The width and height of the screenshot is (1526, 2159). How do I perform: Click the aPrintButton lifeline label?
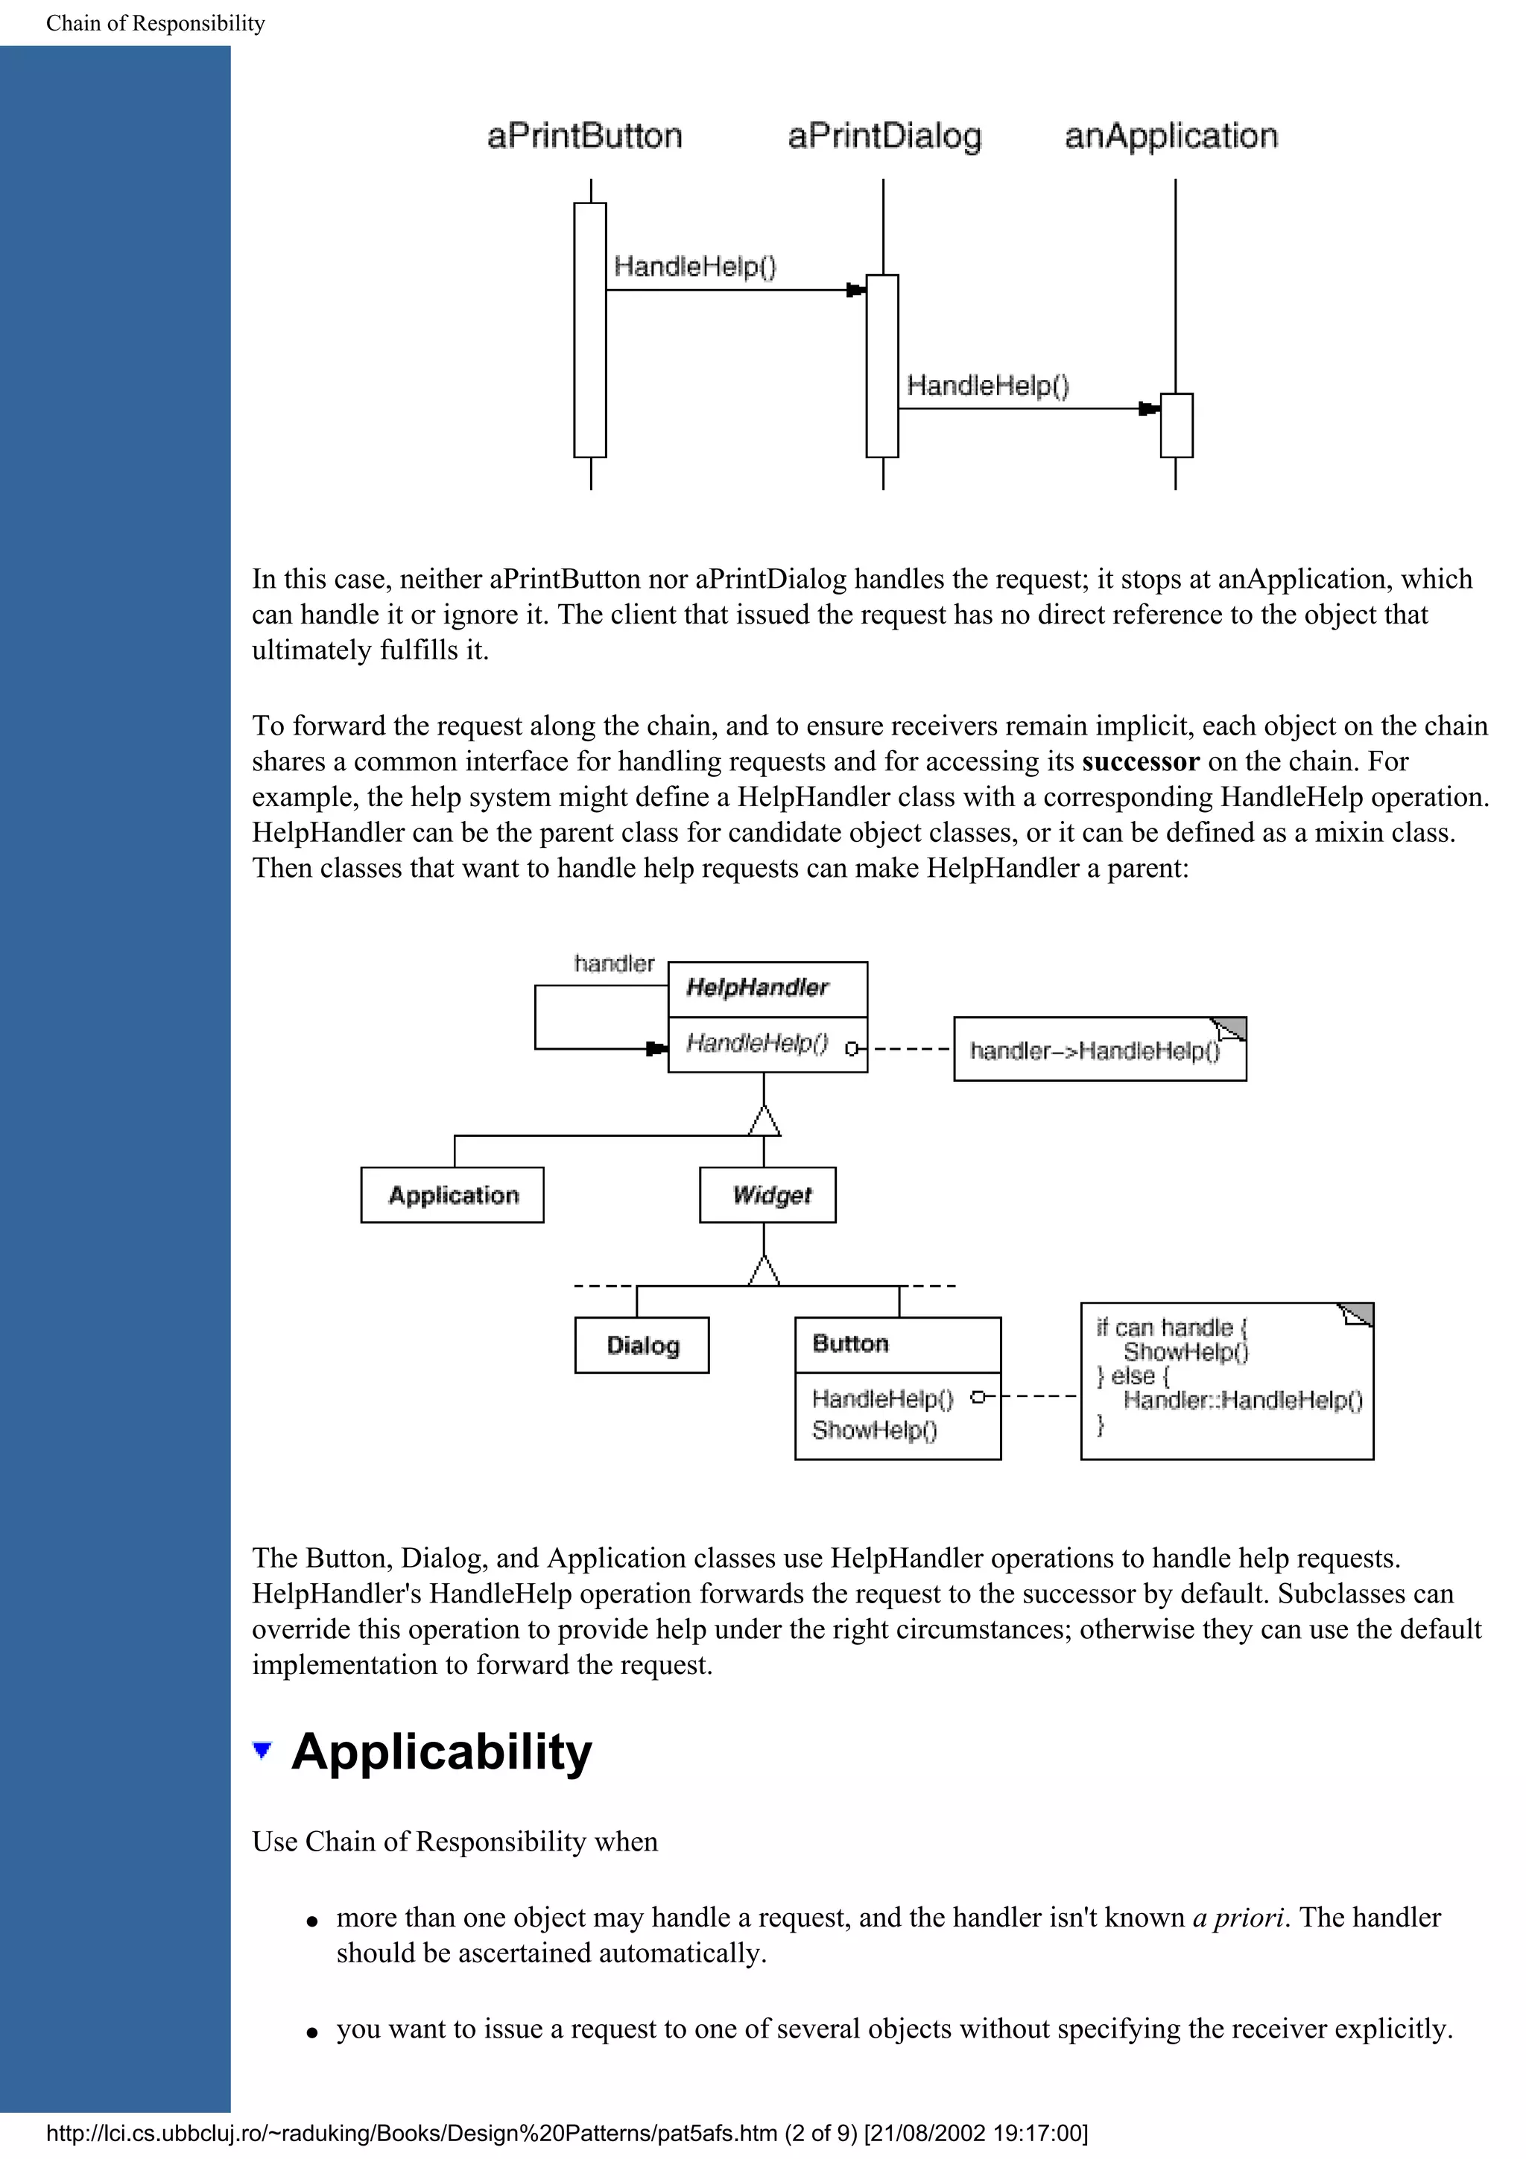pos(584,136)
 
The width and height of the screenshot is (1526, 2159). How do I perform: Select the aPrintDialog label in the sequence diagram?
pos(884,136)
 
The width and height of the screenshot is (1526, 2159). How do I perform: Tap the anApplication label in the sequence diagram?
pos(1171,136)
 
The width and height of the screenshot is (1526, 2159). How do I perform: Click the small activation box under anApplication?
pos(1177,425)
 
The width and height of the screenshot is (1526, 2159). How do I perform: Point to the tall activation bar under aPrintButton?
pos(590,329)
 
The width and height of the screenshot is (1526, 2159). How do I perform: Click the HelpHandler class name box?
pos(767,989)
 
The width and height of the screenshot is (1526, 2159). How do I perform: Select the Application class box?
pos(452,1195)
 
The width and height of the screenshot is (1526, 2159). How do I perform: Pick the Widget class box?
pos(768,1195)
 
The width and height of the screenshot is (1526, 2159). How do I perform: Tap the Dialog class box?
pos(642,1345)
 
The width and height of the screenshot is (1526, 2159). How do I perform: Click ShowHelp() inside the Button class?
pos(875,1430)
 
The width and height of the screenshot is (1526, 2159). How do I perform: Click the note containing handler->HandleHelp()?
pos(1099,1050)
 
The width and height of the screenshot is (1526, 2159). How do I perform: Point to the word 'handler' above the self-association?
pos(614,964)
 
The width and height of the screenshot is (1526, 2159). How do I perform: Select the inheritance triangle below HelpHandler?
pos(764,1121)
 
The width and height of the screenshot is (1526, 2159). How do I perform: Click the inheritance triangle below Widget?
pos(764,1270)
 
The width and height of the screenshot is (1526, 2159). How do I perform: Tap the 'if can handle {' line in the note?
pos(1171,1328)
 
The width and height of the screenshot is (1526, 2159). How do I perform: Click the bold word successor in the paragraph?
pos(1141,761)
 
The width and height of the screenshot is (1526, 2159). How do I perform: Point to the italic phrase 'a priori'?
pos(1238,1918)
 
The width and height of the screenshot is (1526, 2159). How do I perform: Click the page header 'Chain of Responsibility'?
pos(155,22)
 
